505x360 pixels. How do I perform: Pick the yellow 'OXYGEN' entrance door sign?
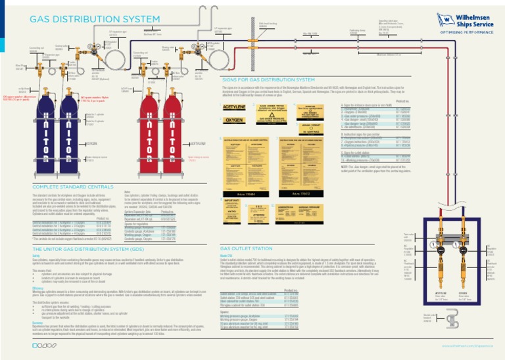tap(234, 120)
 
